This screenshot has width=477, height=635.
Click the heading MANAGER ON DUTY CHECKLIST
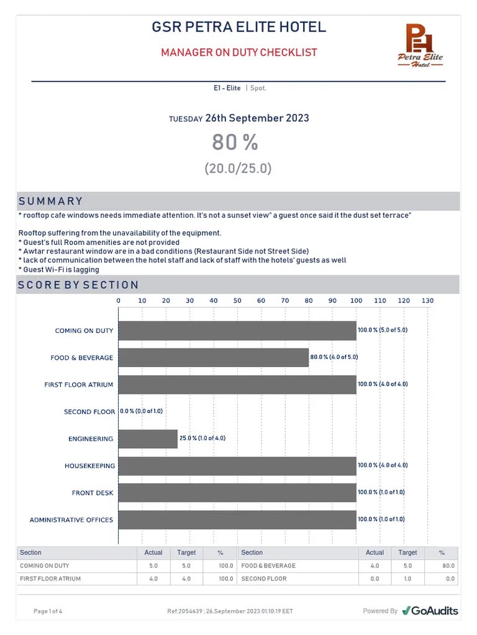tap(239, 53)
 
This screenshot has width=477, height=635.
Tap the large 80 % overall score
tap(235, 143)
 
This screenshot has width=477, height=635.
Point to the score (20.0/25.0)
tap(238, 169)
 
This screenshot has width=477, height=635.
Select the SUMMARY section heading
tap(51, 202)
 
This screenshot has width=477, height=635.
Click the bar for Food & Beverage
tap(213, 358)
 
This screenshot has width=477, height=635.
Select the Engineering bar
tap(148, 438)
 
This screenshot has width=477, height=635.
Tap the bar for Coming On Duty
tap(237, 331)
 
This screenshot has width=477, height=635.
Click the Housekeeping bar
tap(237, 466)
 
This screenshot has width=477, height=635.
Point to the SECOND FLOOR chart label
tap(89, 412)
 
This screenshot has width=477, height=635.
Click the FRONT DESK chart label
tap(93, 493)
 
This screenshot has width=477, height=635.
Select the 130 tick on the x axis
tap(427, 301)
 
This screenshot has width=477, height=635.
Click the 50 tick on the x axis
tap(237, 301)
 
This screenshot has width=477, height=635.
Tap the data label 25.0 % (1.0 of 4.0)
tap(202, 438)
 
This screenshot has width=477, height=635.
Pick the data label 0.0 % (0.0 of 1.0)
tap(141, 411)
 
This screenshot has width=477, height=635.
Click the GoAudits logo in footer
tap(430, 611)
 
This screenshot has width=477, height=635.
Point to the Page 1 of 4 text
tap(48, 611)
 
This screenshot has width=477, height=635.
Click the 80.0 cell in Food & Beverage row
tap(448, 566)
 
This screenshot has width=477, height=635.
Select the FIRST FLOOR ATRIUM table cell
tap(50, 579)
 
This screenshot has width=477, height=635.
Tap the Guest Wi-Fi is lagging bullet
tap(59, 270)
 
